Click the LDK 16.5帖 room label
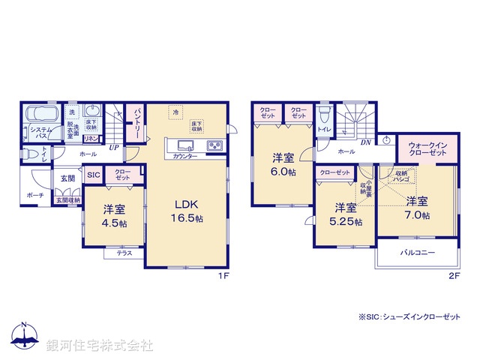pos(186,210)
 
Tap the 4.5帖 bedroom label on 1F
pos(115,216)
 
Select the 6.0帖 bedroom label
pos(283,163)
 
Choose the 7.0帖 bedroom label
pos(418,208)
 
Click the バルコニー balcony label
pos(417,253)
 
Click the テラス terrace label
pos(124,253)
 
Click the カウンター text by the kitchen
pos(185,155)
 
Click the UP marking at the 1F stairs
pos(113,147)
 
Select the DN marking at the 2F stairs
pos(365,142)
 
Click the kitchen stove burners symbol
pos(214,145)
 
